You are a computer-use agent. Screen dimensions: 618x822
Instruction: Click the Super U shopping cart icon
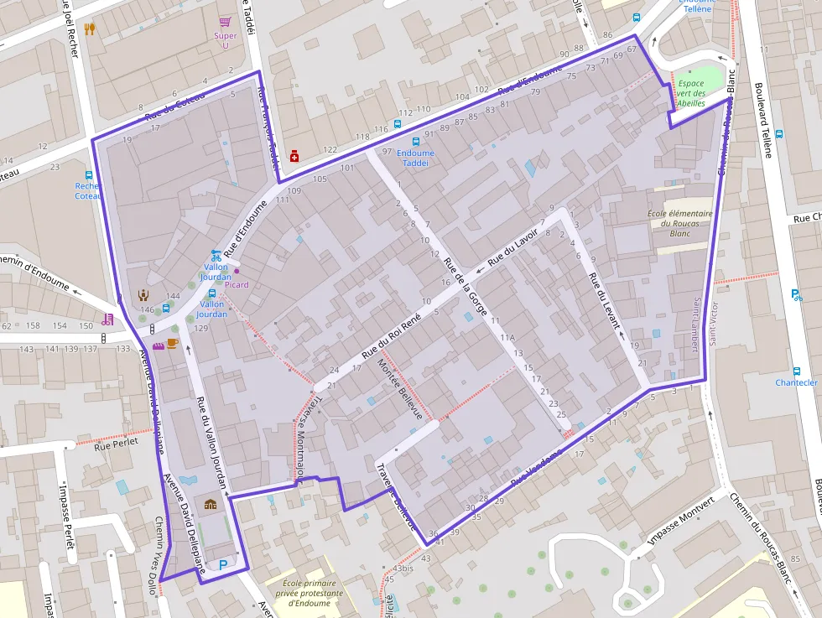pos(224,23)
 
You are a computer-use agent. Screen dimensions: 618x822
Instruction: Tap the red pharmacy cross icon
pos(294,155)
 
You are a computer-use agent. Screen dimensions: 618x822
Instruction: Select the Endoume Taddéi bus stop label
pos(415,158)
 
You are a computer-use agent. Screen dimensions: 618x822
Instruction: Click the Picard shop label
pos(237,285)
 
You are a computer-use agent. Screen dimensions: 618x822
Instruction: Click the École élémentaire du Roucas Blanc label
pos(679,223)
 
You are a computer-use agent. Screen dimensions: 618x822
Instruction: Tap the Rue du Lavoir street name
pos(512,251)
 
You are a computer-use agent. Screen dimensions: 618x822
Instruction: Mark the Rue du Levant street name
pos(604,300)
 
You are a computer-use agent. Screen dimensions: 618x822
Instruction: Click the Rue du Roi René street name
pos(390,337)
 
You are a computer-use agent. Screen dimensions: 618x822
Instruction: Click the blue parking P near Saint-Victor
pos(796,294)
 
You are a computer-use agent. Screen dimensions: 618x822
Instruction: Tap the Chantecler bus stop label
pos(796,382)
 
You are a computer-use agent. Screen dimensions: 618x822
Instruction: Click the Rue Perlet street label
pos(114,448)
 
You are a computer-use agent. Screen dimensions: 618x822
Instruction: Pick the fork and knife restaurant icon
pos(90,29)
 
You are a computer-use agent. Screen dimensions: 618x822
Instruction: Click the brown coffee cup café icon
pos(172,343)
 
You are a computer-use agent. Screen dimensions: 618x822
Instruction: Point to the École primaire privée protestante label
pos(310,592)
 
